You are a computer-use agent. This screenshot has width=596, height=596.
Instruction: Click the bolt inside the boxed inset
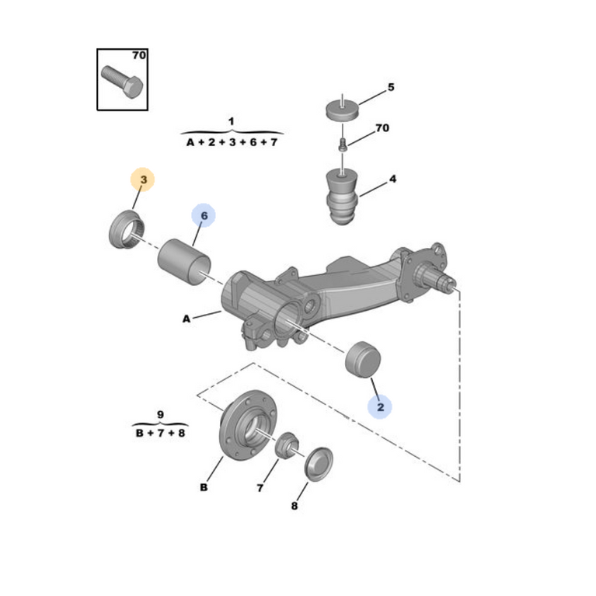click(x=123, y=82)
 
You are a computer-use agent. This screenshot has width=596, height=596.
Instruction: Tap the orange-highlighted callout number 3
click(x=143, y=179)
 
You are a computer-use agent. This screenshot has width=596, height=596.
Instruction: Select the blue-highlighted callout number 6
click(x=204, y=216)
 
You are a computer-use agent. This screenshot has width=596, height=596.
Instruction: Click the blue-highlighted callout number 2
click(x=381, y=407)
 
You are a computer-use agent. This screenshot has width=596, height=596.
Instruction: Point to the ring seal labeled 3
click(x=126, y=229)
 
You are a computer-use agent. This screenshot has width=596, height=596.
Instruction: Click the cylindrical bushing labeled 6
click(x=184, y=262)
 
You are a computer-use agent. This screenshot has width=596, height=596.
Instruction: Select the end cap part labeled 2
click(x=363, y=359)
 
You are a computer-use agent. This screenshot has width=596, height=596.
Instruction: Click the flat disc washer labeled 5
click(x=343, y=109)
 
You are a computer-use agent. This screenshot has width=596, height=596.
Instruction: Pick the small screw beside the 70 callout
click(x=343, y=145)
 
